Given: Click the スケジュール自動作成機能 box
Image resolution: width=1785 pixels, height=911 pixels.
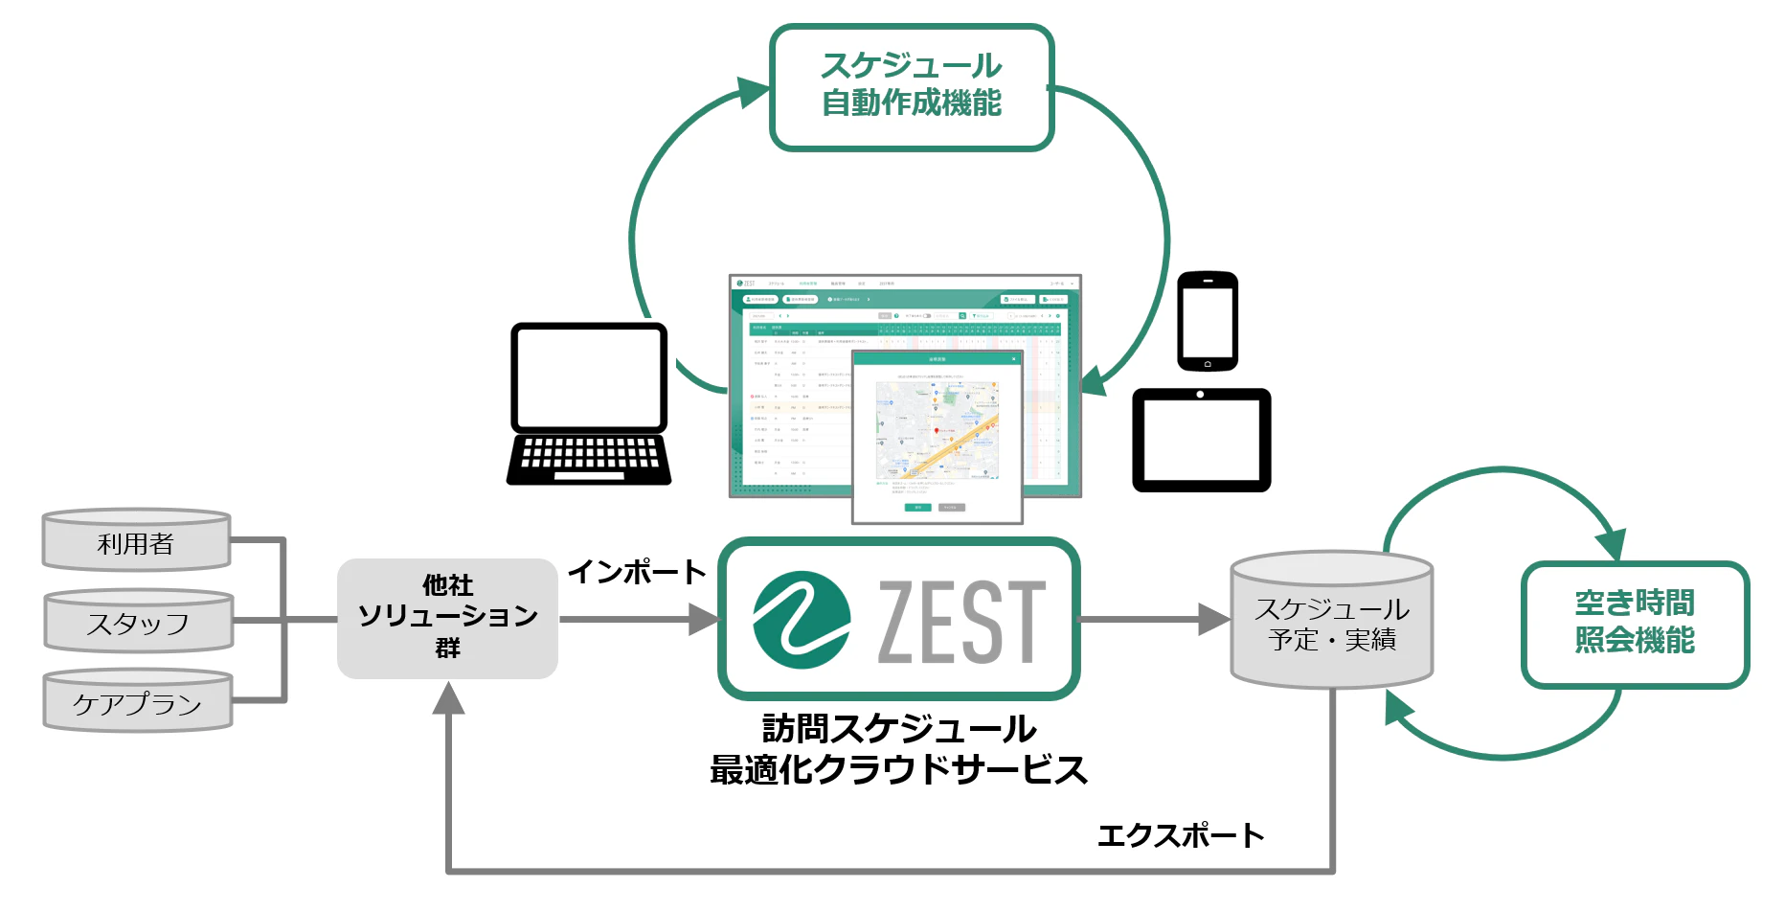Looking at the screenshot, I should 912,86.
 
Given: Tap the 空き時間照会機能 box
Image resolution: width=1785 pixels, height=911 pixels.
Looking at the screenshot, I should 1635,623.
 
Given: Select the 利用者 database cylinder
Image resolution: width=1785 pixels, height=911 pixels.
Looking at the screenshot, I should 137,542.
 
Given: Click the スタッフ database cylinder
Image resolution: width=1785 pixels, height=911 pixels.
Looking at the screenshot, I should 138,623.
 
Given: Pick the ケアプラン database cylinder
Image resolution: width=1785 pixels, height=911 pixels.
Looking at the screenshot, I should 138,702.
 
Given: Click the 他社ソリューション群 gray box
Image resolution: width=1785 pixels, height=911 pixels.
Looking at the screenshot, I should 447,618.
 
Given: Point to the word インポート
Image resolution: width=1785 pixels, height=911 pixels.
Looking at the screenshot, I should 637,572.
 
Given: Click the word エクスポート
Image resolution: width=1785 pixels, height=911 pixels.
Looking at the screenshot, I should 1181,835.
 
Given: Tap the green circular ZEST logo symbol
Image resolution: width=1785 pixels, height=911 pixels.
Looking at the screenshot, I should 801,620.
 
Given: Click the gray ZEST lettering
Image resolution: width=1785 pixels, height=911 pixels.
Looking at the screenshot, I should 960,623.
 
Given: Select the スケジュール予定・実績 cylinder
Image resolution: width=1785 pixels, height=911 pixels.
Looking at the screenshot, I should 1331,623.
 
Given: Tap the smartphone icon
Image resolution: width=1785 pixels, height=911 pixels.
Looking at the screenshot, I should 1208,322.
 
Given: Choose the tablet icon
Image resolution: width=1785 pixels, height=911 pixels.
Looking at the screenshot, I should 1201,441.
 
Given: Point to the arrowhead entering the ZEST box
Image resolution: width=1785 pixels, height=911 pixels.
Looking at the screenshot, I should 704,619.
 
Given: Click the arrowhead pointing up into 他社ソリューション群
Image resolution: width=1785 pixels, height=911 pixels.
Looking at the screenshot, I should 448,699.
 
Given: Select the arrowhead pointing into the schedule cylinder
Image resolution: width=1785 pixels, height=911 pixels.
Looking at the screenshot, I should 1214,619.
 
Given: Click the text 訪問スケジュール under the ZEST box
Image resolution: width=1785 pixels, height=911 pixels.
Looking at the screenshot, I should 898,729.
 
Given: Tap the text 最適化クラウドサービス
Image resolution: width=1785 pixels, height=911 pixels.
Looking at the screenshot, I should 898,769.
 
